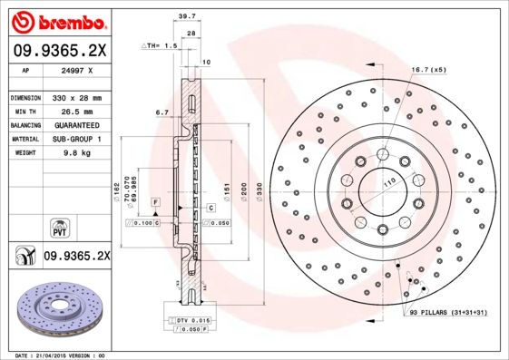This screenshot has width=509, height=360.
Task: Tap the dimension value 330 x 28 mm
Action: (x=77, y=97)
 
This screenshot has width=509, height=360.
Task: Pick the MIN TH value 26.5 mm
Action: (x=77, y=111)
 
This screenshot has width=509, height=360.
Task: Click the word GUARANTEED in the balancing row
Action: (x=77, y=125)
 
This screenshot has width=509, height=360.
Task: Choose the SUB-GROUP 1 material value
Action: (x=77, y=140)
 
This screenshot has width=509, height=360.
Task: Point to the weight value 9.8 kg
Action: (x=77, y=154)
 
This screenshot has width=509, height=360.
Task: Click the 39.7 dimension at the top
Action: (x=188, y=17)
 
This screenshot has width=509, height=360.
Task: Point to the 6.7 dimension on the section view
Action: (x=162, y=112)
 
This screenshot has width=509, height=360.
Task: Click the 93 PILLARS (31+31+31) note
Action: (x=448, y=313)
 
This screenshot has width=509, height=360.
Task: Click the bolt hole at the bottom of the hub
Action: (x=382, y=228)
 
